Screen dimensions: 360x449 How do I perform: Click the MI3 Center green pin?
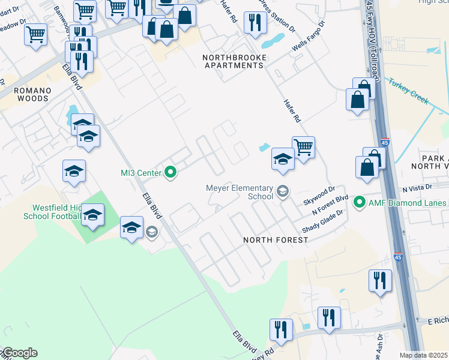(170, 173)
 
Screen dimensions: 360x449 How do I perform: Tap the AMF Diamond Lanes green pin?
(360, 202)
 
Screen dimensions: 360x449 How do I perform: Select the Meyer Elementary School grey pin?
(282, 192)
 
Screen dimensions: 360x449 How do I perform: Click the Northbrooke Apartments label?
(234, 61)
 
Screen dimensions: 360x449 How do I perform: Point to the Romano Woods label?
(34, 94)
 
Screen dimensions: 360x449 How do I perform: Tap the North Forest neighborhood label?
(276, 240)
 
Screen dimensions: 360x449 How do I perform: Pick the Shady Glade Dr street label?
(322, 221)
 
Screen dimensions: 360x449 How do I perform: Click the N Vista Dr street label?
(417, 189)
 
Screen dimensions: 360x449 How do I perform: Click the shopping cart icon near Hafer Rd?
(304, 147)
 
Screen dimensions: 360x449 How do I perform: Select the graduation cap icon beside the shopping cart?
(283, 158)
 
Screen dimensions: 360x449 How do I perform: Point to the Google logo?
(19, 353)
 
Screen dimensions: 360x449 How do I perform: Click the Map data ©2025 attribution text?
(424, 355)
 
